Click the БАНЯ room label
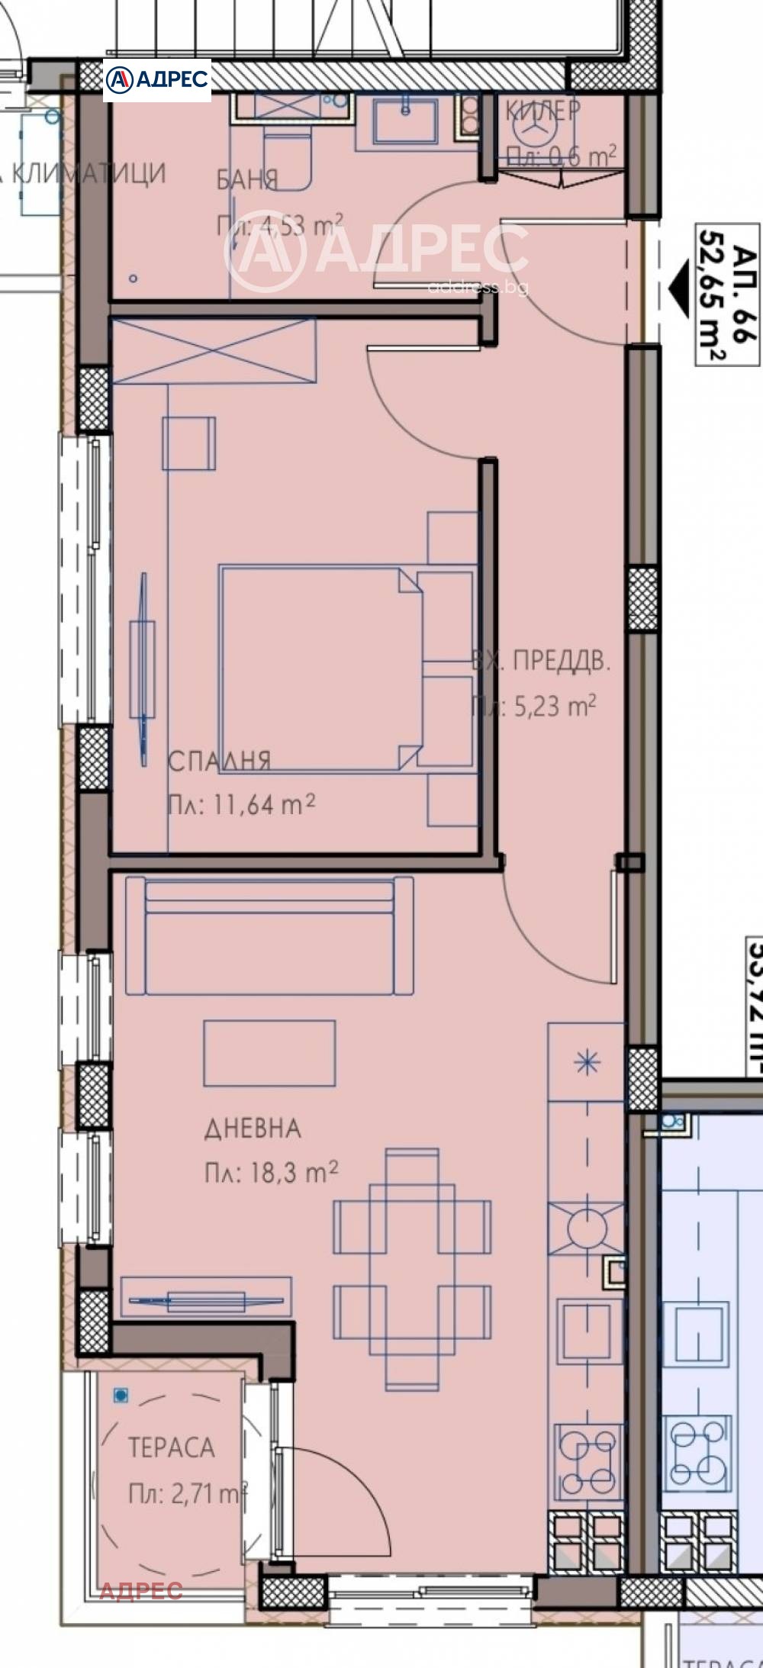click(x=247, y=179)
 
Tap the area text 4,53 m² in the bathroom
click(x=279, y=226)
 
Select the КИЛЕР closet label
click(x=542, y=111)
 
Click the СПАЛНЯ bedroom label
click(x=219, y=761)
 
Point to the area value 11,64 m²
click(x=241, y=804)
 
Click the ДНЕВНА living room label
click(x=253, y=1129)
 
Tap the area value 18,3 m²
click(x=271, y=1172)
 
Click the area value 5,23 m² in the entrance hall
click(x=533, y=706)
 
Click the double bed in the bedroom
click(x=320, y=668)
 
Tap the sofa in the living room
click(x=270, y=936)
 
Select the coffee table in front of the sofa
click(x=269, y=1053)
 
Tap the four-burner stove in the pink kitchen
click(x=588, y=1459)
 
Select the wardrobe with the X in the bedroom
click(x=214, y=351)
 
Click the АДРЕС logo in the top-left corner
click(x=156, y=79)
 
